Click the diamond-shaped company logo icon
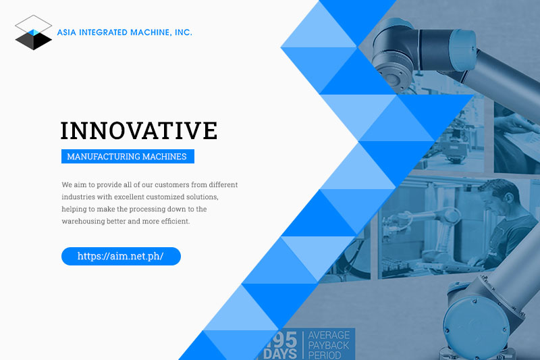click(x=33, y=32)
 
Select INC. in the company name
click(x=183, y=32)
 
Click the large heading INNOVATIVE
click(x=139, y=130)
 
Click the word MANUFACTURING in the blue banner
click(x=103, y=157)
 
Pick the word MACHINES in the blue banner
click(x=164, y=157)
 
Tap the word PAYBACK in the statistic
click(x=329, y=345)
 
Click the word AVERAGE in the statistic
click(x=329, y=335)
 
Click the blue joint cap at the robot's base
click(x=475, y=324)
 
